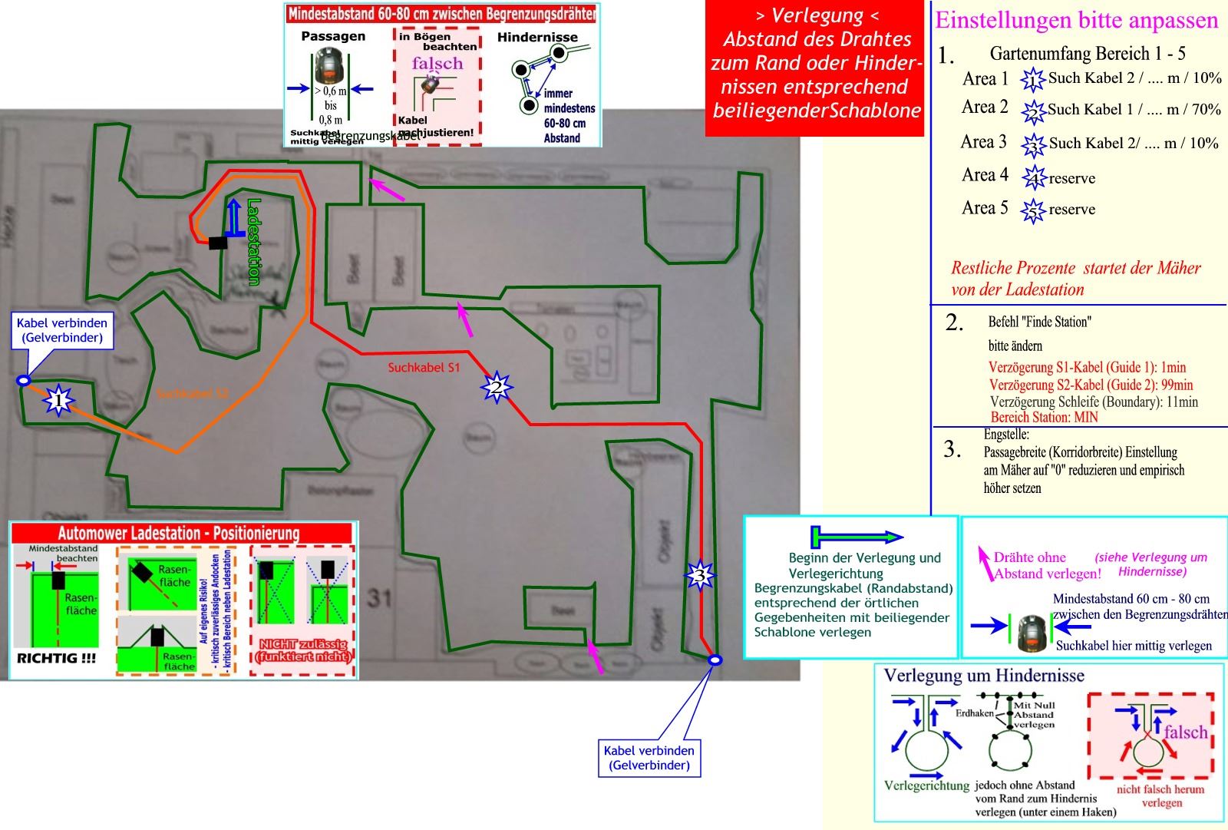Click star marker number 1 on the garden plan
click(x=58, y=400)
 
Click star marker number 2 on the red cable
click(x=497, y=388)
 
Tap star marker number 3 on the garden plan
click(x=698, y=575)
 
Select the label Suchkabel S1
click(x=424, y=368)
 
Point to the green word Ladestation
click(x=254, y=242)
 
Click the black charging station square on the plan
click(x=219, y=243)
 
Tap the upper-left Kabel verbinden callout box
click(x=62, y=329)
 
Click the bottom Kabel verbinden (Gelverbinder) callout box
click(x=649, y=758)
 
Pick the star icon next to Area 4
click(x=1034, y=178)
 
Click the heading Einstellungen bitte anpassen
click(x=1076, y=20)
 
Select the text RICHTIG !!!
click(x=56, y=658)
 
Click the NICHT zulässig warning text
click(x=303, y=650)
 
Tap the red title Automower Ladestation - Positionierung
click(x=178, y=533)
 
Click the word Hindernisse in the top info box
click(x=537, y=37)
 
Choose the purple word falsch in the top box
click(x=437, y=64)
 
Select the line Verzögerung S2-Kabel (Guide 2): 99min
click(x=1091, y=385)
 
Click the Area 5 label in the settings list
click(x=985, y=208)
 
